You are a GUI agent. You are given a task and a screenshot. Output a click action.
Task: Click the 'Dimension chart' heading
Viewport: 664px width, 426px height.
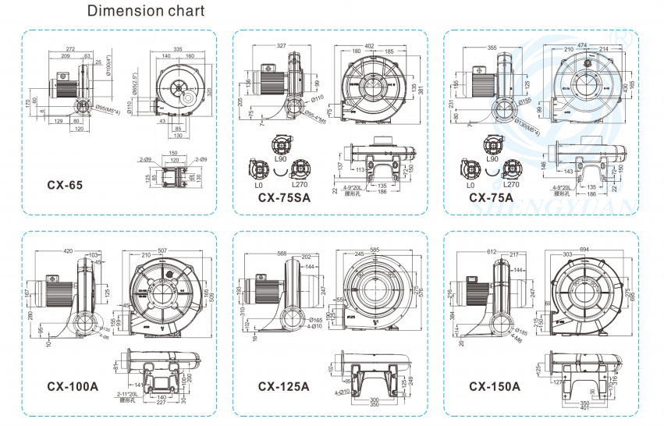point(146,12)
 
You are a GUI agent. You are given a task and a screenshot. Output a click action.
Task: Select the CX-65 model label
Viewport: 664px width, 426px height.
point(64,186)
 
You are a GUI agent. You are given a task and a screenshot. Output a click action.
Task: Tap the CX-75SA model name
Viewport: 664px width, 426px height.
point(284,198)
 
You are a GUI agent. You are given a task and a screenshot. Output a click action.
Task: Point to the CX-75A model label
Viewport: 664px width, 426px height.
point(491,198)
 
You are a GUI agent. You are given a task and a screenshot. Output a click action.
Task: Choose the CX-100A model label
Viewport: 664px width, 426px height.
point(73,385)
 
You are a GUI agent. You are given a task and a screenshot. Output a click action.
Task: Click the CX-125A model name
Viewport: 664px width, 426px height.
point(284,385)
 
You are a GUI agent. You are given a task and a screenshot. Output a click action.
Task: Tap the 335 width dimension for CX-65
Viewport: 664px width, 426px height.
point(179,49)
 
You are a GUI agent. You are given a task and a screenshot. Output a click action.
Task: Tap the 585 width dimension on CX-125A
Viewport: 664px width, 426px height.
point(378,249)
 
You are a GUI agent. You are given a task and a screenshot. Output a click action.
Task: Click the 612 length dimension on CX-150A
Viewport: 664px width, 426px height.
point(490,252)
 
